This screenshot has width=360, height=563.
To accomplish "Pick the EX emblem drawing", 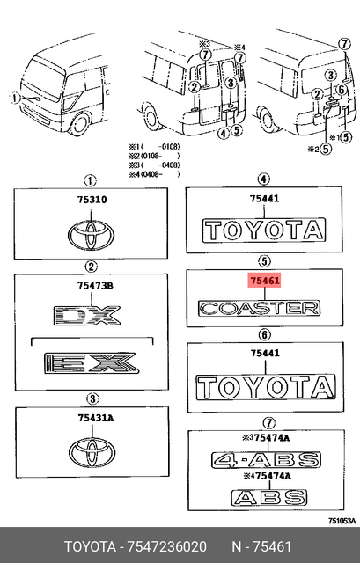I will pyautogui.click(x=89, y=361).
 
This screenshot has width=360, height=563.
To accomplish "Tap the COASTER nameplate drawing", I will pyautogui.click(x=259, y=308).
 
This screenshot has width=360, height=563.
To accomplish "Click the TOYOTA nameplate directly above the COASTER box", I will pyautogui.click(x=263, y=230).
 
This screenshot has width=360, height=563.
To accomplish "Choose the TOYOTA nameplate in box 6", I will pyautogui.click(x=264, y=387).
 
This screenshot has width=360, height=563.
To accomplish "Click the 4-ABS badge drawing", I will pyautogui.click(x=261, y=459).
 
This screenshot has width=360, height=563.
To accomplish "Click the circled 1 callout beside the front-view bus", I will pyautogui.click(x=15, y=99).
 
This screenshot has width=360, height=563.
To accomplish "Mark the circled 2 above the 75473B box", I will pyautogui.click(x=90, y=267).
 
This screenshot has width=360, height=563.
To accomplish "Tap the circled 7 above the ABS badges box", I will pyautogui.click(x=263, y=420).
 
